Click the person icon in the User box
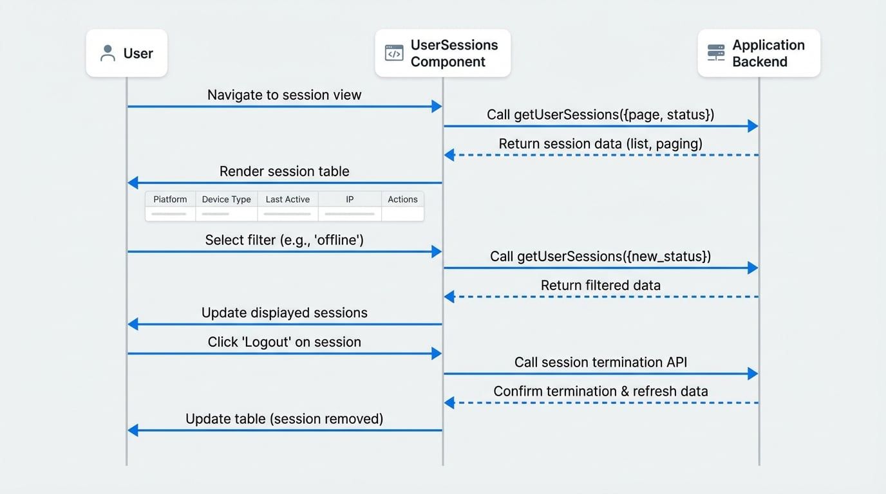pos(108,53)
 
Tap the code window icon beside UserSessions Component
pos(394,53)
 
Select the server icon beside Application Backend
pos(716,53)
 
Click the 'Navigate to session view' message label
pos(284,95)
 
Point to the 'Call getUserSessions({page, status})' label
pos(600,115)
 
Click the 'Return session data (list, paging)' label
pos(600,144)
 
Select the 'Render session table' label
pos(284,172)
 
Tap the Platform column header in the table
pos(170,199)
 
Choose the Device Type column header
pos(226,199)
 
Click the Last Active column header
pos(287,199)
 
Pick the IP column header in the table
pos(350,199)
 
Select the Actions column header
pos(402,199)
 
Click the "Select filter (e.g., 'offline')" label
pos(284,241)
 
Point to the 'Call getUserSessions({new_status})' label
pos(600,257)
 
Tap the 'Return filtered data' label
pos(600,286)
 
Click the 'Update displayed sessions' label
pos(284,313)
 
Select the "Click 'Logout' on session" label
pos(284,342)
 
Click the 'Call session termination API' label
pos(600,363)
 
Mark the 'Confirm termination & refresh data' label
pos(600,392)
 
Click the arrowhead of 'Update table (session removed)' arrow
pos(133,430)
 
